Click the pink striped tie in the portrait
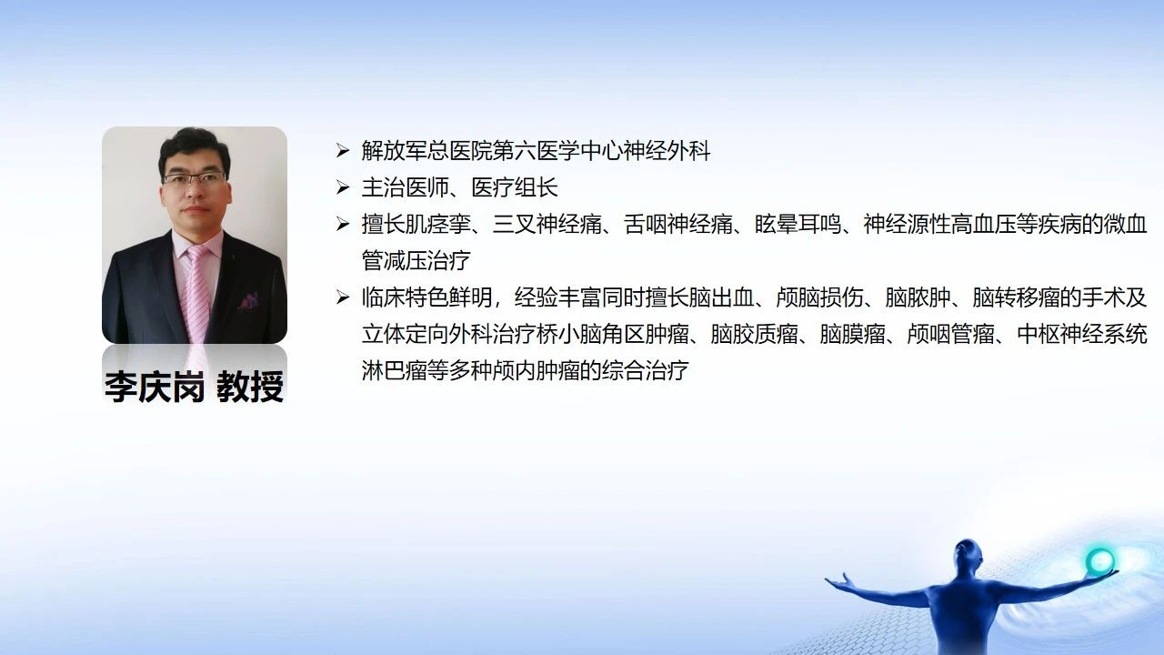(197, 291)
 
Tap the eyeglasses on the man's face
(195, 178)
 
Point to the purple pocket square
(248, 300)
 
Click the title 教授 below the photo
(250, 387)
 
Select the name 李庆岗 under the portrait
(155, 387)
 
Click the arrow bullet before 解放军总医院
(343, 151)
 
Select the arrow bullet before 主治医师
(343, 187)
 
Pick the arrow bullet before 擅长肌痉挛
(343, 224)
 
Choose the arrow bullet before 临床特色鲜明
(343, 297)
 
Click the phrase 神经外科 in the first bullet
(667, 151)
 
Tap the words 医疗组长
(515, 187)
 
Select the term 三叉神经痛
(547, 224)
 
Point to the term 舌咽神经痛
(678, 224)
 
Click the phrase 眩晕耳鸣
(798, 224)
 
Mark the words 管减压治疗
(416, 260)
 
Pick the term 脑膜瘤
(853, 334)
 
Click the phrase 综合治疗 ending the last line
(646, 370)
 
